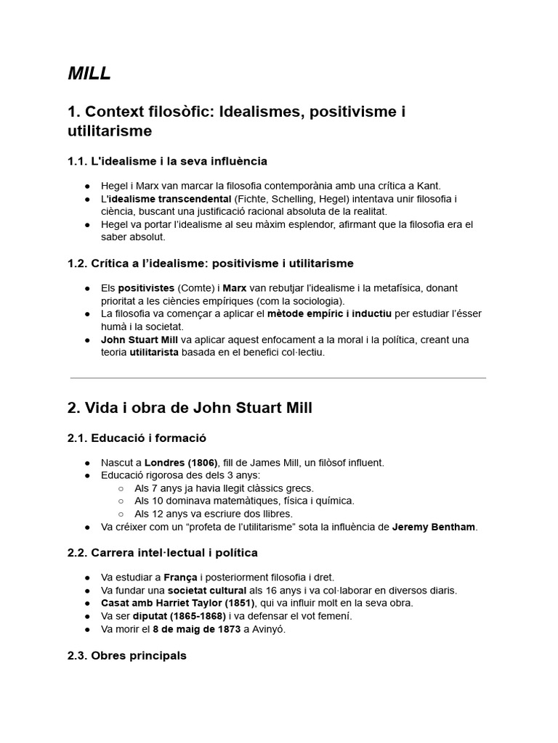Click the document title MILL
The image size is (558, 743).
tap(89, 73)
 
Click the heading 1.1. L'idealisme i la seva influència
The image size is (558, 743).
tap(167, 161)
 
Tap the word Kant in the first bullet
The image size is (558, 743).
tap(429, 186)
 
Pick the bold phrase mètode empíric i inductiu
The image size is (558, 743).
tap(329, 313)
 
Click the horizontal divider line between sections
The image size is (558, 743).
tap(278, 378)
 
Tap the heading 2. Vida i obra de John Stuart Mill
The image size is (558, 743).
tap(190, 408)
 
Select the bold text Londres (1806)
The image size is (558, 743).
tap(181, 462)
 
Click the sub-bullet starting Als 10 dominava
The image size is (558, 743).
tap(244, 501)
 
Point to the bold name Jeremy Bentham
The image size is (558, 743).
tap(434, 527)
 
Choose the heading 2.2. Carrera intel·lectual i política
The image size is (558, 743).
tap(163, 553)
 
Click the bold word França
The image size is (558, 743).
tap(180, 578)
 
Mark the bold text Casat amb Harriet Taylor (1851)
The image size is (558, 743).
tap(177, 603)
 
